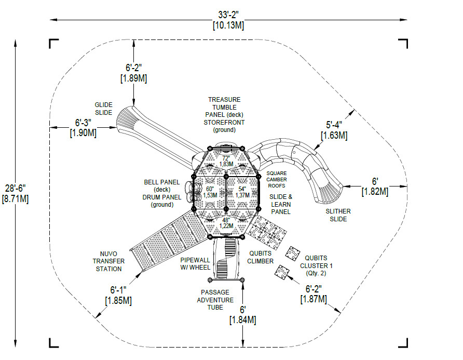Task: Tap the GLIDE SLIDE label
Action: (x=103, y=109)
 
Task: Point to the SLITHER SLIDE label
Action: (x=338, y=215)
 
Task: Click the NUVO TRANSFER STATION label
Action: (x=108, y=261)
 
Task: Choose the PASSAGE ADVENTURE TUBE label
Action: (x=215, y=300)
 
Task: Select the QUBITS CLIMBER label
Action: (x=260, y=257)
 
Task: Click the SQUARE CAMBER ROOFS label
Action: (x=276, y=179)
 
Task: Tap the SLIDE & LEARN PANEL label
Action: (x=281, y=204)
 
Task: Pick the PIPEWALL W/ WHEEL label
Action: (x=195, y=264)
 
